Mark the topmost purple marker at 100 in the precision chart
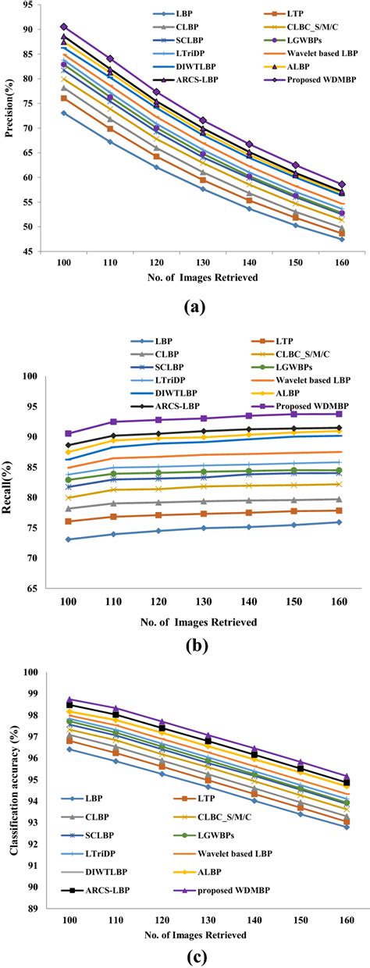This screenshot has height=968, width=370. pos(64,27)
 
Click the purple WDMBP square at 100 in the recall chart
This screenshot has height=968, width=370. pos(69,433)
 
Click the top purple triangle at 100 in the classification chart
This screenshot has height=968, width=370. pos(69,700)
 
